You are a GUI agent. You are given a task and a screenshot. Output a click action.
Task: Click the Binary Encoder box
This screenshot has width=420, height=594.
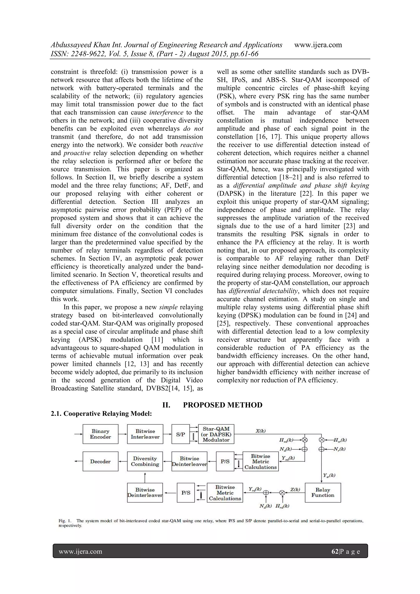pyautogui.click(x=100, y=434)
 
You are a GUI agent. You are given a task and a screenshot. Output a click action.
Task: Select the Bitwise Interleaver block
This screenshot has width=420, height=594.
pyautogui.click(x=145, y=434)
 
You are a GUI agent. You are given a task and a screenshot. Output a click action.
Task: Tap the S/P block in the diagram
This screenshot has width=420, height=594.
pyautogui.click(x=180, y=434)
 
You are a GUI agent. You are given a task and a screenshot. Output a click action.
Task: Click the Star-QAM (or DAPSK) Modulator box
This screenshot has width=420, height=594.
pyautogui.click(x=216, y=434)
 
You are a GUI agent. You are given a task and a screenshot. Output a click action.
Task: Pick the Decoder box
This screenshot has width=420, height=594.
pyautogui.click(x=100, y=461)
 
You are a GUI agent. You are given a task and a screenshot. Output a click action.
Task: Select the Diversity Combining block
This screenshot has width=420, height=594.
pyautogui.click(x=145, y=461)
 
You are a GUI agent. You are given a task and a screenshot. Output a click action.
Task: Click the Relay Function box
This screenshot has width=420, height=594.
pyautogui.click(x=323, y=493)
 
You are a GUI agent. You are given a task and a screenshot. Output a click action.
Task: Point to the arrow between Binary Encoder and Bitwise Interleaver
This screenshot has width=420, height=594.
pyautogui.click(x=123, y=434)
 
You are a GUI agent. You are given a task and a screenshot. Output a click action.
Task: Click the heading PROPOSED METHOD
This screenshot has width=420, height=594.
pyautogui.click(x=223, y=405)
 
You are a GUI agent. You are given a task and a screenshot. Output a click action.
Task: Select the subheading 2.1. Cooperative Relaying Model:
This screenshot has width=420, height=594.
pyautogui.click(x=101, y=413)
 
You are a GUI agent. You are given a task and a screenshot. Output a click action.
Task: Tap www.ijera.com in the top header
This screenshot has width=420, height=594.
pyautogui.click(x=318, y=45)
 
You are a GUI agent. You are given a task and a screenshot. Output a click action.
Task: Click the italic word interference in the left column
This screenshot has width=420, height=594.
pyautogui.click(x=167, y=112)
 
